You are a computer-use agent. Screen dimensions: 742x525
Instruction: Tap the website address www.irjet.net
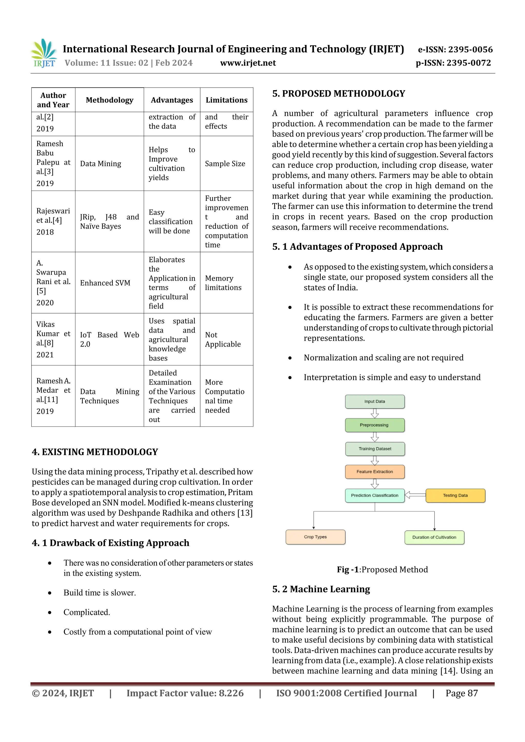tap(248, 63)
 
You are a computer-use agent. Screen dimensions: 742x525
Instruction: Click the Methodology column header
tap(109, 100)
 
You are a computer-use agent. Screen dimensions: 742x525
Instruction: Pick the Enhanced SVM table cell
tap(105, 283)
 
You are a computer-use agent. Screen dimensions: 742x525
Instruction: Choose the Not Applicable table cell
tap(223, 339)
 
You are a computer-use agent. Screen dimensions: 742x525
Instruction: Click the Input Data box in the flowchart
tap(375, 401)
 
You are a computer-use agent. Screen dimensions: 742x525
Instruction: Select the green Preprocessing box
tap(375, 425)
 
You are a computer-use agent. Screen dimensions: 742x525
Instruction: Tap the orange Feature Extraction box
tap(375, 472)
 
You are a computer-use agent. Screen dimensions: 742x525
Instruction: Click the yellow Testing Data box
tap(455, 495)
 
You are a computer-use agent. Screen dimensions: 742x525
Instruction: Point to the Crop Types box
tap(315, 537)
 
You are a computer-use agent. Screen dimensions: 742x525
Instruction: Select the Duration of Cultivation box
tap(434, 537)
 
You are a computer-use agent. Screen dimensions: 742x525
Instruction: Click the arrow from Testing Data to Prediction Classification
tap(415, 495)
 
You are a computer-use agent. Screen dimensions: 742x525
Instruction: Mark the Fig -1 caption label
tap(348, 569)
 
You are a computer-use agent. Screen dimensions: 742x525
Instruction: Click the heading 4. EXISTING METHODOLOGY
tap(95, 452)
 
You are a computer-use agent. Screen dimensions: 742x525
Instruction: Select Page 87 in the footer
tap(462, 693)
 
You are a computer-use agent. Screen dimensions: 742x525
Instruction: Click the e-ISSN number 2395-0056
tap(470, 49)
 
